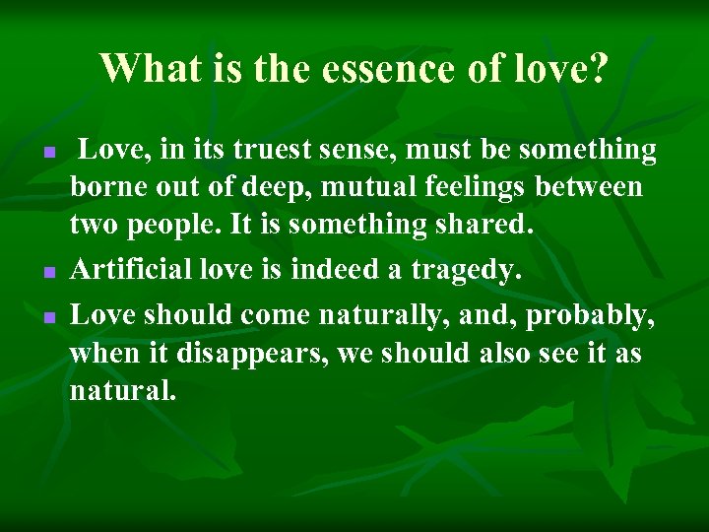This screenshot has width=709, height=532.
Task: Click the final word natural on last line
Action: (x=122, y=390)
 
